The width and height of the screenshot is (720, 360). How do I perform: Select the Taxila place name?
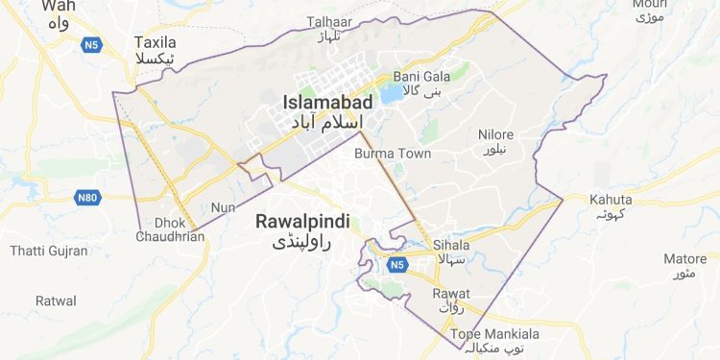point(156,43)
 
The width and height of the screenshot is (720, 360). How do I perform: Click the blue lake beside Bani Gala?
point(392,94)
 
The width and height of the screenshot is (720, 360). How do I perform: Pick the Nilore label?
point(496,134)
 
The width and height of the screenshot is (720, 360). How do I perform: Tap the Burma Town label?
point(393,154)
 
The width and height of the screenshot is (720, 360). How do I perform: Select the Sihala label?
point(450,245)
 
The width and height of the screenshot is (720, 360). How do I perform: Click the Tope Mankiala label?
point(489,333)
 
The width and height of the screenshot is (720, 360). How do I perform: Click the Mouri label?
point(643,4)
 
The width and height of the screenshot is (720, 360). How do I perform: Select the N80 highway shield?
point(86,197)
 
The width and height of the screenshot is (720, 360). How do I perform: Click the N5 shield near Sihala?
point(397,263)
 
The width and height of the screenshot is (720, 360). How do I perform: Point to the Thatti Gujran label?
point(48,252)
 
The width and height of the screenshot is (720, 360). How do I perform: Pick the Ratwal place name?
point(56,300)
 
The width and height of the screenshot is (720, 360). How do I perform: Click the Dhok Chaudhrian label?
point(170,228)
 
